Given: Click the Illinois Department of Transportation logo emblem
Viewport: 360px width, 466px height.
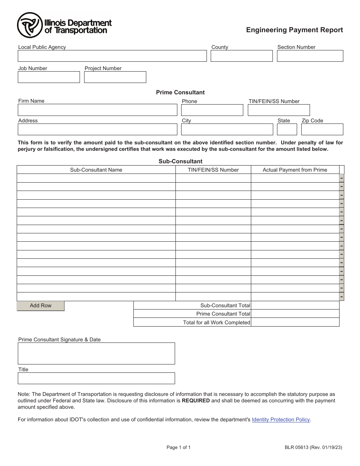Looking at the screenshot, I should coord(29,25).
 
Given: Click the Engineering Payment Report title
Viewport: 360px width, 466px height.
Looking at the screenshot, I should coord(294,30).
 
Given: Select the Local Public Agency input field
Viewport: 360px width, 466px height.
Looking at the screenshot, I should coord(112,56).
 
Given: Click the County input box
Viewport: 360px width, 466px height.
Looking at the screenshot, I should coord(241,56).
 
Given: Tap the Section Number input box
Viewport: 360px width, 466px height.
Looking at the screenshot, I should coord(310,56).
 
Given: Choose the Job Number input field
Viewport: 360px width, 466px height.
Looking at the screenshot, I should coord(49,77).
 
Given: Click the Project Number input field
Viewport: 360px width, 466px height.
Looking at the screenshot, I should coord(115,77).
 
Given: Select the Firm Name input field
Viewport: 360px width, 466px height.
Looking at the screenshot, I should coord(97,110).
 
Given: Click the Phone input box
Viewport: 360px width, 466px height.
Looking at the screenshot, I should coord(212,110).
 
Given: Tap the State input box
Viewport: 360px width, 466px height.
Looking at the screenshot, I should coord(287,130).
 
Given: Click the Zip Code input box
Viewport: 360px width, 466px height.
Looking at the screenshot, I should coord(322,130).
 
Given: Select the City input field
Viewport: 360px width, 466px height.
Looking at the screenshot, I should coord(227,130).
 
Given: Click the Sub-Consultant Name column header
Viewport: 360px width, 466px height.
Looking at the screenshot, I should coord(96,170).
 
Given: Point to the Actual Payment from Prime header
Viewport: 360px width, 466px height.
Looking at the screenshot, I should coord(295,170).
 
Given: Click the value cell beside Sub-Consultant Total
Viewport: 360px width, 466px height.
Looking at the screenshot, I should coord(295,305).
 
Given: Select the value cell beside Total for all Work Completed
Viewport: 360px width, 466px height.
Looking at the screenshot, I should coord(295,322).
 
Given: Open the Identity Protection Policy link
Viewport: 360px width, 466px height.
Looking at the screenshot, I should coord(281,420).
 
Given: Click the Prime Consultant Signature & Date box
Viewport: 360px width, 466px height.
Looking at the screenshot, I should coord(96,353).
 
